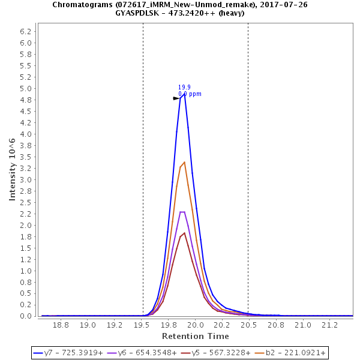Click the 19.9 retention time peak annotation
point(184,87)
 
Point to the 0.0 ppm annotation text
point(190,94)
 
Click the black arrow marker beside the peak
point(176,98)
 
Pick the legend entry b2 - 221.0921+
point(291,353)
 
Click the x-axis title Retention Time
point(195,336)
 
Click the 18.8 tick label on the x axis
point(61,325)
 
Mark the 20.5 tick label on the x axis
point(248,325)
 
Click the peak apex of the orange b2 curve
point(184,162)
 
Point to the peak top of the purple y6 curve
point(182,212)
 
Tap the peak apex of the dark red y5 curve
point(184,233)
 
